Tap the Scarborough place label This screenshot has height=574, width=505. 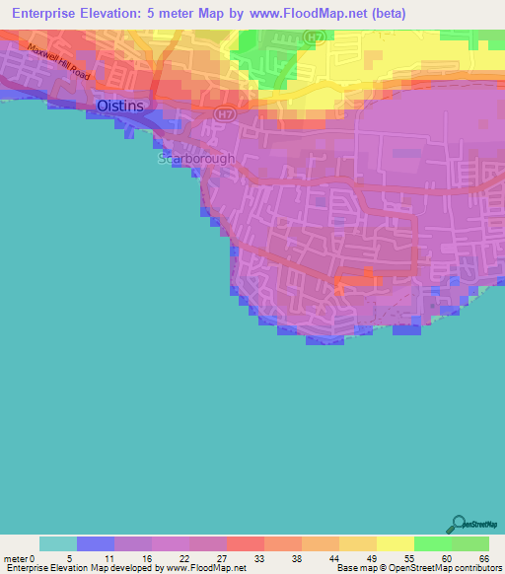click(x=197, y=158)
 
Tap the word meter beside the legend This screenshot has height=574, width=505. click(x=17, y=557)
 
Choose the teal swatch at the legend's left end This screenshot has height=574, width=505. click(x=58, y=543)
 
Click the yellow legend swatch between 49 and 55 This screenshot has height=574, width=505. click(x=396, y=543)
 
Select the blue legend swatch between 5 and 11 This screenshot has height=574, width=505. click(x=96, y=543)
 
